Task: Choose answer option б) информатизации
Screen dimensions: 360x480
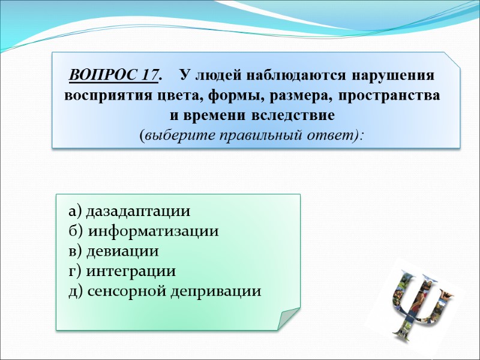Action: [x=144, y=232]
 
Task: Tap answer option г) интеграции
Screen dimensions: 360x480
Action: [x=122, y=271]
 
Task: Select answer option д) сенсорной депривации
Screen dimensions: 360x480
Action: [x=165, y=292]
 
